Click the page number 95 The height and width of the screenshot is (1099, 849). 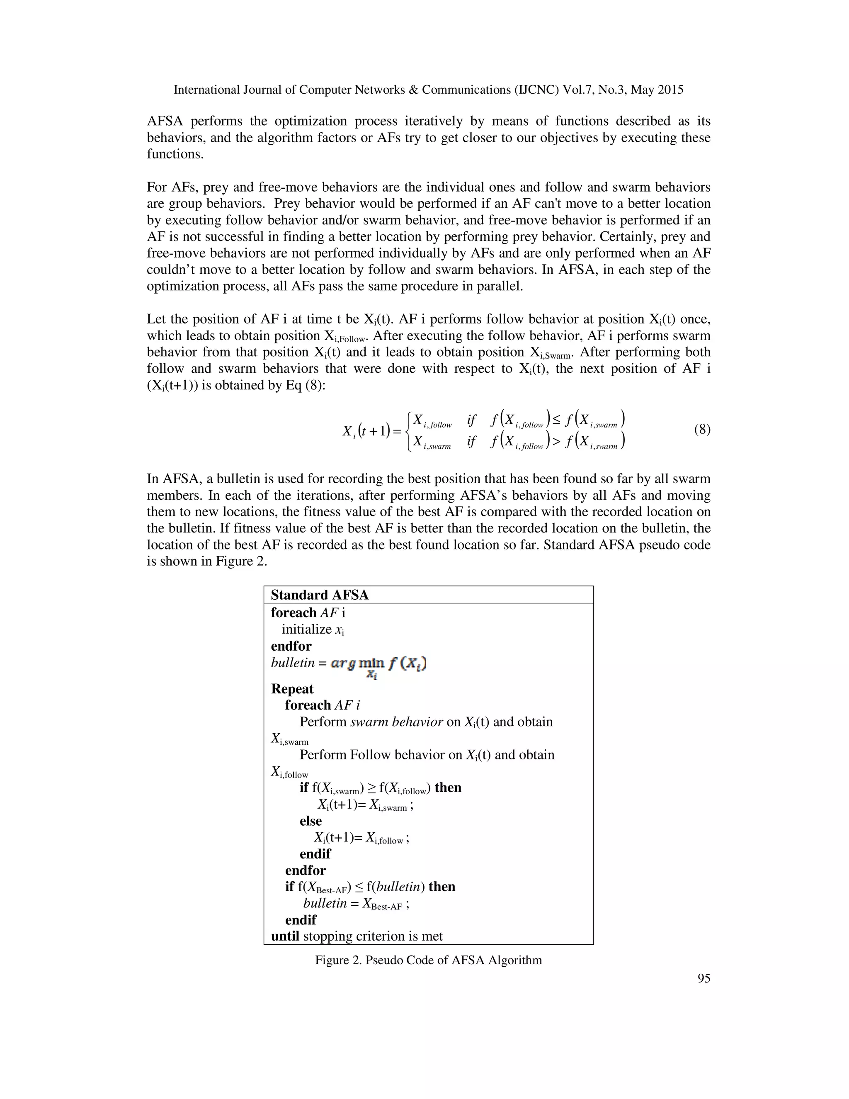[x=703, y=978]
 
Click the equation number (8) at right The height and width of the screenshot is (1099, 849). [x=702, y=429]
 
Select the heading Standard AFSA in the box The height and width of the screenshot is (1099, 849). [x=320, y=595]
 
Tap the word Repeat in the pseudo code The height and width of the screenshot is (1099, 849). [x=292, y=688]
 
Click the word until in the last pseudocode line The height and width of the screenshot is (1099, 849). [x=285, y=936]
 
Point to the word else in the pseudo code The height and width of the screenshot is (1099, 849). [x=310, y=821]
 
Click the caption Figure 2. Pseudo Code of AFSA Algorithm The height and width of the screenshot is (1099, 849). [x=429, y=960]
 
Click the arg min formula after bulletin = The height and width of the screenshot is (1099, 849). [x=378, y=666]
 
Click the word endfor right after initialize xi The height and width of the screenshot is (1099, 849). [x=291, y=646]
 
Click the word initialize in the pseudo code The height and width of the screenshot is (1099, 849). [x=306, y=629]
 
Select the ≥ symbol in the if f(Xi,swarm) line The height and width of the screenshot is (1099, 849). [x=371, y=788]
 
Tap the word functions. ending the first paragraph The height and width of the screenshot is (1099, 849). [x=175, y=154]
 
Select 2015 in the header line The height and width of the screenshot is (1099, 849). [x=669, y=90]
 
